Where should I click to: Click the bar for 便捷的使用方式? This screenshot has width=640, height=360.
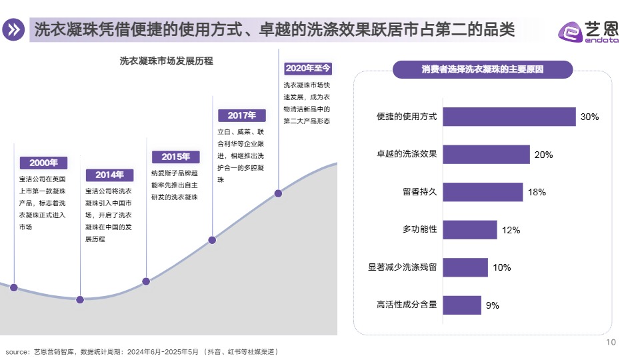pyautogui.click(x=509, y=117)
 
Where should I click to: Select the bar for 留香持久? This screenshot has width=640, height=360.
pyautogui.click(x=483, y=192)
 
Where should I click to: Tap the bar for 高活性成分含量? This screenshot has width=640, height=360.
pyautogui.click(x=461, y=305)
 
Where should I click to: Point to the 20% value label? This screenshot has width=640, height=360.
pyautogui.click(x=543, y=155)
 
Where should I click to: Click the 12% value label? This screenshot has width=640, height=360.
pyautogui.click(x=511, y=230)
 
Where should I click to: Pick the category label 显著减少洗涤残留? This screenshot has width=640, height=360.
pyautogui.click(x=402, y=267)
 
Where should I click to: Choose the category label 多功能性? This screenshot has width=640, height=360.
pyautogui.click(x=419, y=230)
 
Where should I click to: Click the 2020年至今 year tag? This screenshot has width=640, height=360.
pyautogui.click(x=308, y=68)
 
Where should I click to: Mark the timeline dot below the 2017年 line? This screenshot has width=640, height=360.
pyautogui.click(x=213, y=240)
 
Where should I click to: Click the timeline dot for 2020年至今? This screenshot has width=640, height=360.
pyautogui.click(x=278, y=193)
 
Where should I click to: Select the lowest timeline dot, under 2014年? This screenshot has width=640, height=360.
pyautogui.click(x=80, y=299)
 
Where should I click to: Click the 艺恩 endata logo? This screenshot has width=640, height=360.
pyautogui.click(x=588, y=31)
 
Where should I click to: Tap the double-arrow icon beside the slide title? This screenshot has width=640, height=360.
pyautogui.click(x=13, y=30)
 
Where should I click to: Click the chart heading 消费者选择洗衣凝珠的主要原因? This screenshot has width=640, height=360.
pyautogui.click(x=483, y=69)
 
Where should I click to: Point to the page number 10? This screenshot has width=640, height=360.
pyautogui.click(x=611, y=343)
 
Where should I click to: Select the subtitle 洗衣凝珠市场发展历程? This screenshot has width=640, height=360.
pyautogui.click(x=166, y=61)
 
